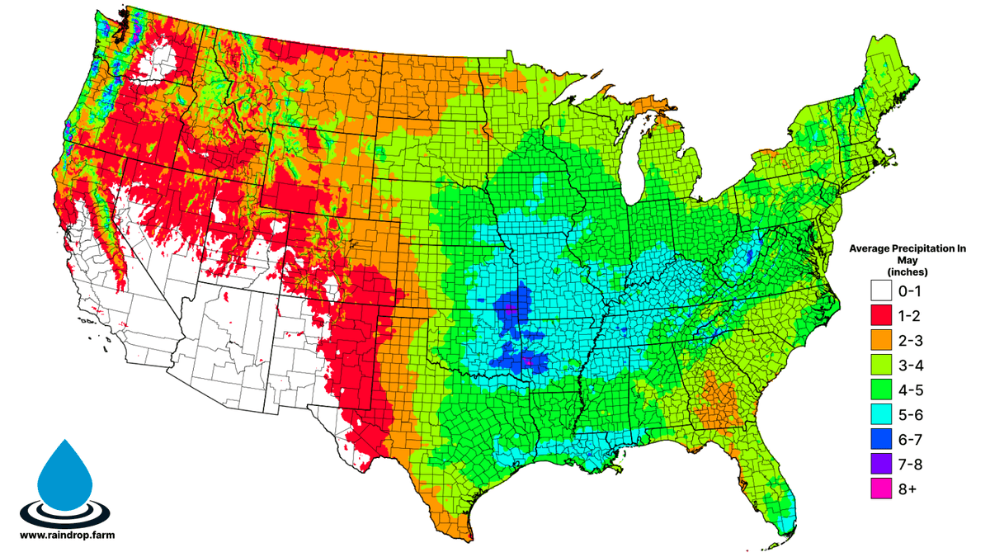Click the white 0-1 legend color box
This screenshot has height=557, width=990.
(883, 291)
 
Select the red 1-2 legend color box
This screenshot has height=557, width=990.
(883, 316)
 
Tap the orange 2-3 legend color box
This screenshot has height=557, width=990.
(883, 341)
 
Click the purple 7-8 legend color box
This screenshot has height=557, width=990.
(883, 465)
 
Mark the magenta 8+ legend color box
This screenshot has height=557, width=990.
(883, 489)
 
